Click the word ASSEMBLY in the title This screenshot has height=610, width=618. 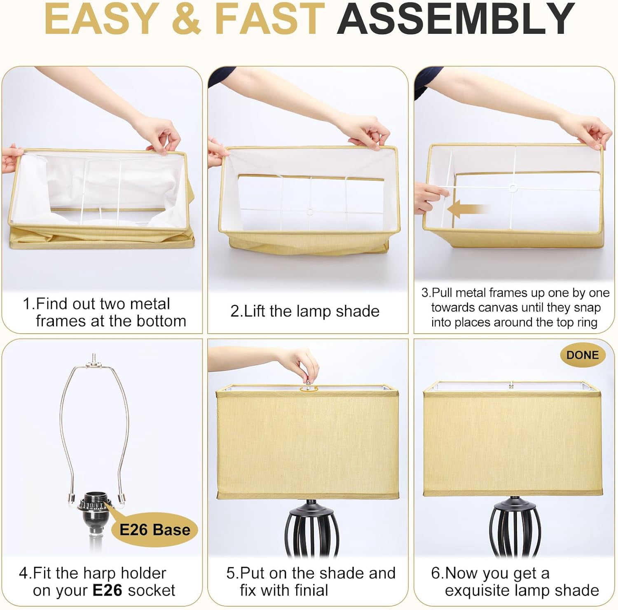pos(456,19)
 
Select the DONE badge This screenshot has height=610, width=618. pos(582,355)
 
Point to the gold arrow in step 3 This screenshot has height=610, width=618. pos(468,209)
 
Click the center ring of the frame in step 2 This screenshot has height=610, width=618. pos(310,212)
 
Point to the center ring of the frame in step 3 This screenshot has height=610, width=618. pos(513,188)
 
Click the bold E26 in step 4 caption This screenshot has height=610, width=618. pos(108,590)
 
